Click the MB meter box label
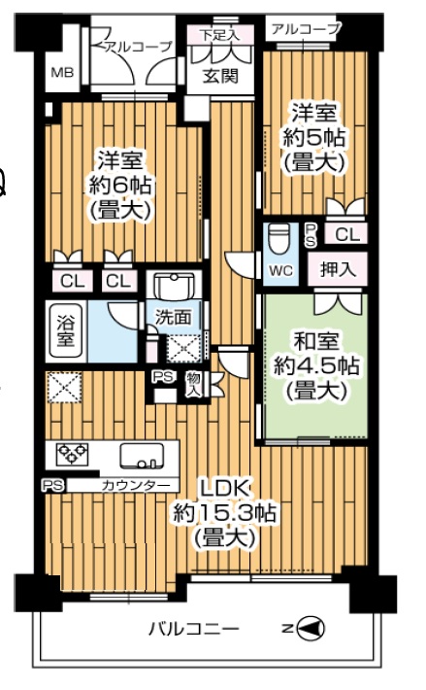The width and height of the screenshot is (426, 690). click(62, 72)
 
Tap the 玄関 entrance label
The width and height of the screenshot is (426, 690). click(220, 76)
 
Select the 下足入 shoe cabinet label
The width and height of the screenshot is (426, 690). click(220, 35)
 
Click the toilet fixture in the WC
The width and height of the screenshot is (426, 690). click(279, 238)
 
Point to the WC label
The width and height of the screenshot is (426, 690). click(280, 270)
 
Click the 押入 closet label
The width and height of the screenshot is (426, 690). click(338, 268)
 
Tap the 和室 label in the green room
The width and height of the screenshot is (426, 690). click(316, 342)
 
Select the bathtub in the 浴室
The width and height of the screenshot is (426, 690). click(65, 331)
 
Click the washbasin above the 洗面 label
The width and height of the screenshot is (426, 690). click(176, 286)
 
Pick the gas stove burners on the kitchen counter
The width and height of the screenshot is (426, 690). click(73, 454)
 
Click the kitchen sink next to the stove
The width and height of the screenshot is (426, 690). click(142, 456)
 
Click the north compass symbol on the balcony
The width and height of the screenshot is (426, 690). click(311, 628)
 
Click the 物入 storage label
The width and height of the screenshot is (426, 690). click(193, 385)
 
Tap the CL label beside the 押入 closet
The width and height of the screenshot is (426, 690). click(347, 235)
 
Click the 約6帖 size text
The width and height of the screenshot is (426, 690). click(120, 186)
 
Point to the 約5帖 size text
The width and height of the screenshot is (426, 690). click(313, 138)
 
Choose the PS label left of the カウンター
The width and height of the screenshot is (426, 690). click(53, 485)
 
